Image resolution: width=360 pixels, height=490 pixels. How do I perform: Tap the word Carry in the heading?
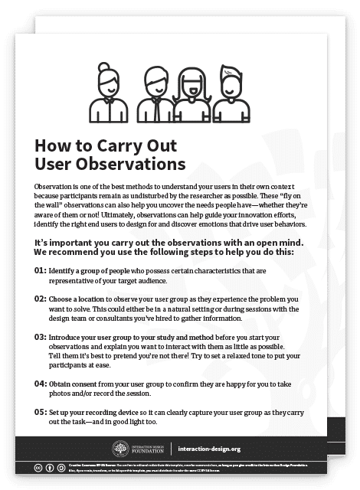[x=119, y=145]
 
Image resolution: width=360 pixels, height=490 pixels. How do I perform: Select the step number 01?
[x=40, y=270]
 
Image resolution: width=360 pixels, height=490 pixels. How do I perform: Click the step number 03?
[x=40, y=336]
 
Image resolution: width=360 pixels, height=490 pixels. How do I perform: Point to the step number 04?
[x=40, y=383]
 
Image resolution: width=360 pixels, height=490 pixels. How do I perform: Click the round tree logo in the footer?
[x=120, y=449]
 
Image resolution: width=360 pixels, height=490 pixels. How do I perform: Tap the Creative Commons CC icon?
[x=38, y=465]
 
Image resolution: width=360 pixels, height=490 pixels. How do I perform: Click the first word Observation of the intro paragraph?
[x=55, y=186]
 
